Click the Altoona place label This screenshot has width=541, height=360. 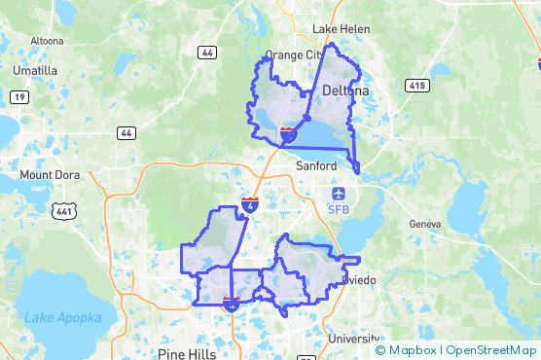click(x=47, y=41)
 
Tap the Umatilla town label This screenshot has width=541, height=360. click(x=35, y=71)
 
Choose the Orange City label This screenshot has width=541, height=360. click(x=293, y=55)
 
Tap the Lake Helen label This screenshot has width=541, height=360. click(x=341, y=29)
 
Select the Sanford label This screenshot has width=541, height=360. click(x=315, y=166)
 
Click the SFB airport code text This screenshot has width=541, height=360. click(x=339, y=209)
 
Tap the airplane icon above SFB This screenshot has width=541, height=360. click(x=339, y=193)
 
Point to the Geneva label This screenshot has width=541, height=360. click(x=425, y=224)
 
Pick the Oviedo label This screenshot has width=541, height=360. click(x=360, y=280)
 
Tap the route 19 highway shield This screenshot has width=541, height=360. click(x=18, y=96)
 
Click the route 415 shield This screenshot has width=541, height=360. click(x=418, y=86)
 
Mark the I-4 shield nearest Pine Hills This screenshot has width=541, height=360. click(x=231, y=304)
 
